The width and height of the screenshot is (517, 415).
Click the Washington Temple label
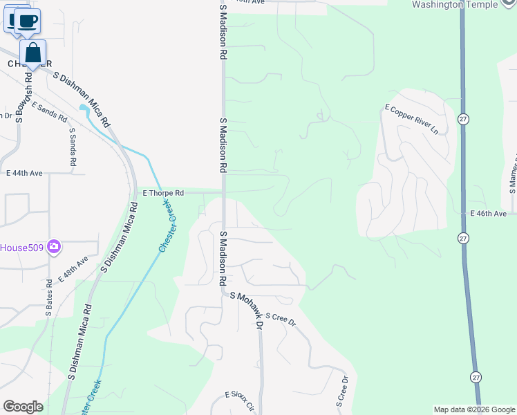point(464,5)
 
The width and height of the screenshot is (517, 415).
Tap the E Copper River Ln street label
point(412,119)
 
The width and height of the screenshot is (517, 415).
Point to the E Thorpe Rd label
point(163,193)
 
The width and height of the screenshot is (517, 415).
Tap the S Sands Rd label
point(72,147)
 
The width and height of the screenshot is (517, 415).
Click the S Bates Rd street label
point(49,299)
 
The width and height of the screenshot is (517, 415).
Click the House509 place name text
point(21,247)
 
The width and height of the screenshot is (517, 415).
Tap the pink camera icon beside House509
point(54,247)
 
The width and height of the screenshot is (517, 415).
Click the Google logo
point(23,407)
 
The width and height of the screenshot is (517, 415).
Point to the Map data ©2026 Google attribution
point(474,409)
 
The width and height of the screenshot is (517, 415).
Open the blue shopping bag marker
point(32,53)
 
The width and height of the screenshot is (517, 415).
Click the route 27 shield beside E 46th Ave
point(462,238)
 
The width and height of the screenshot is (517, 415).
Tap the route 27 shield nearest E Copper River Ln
point(462,120)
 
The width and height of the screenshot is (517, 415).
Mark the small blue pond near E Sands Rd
point(84,108)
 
